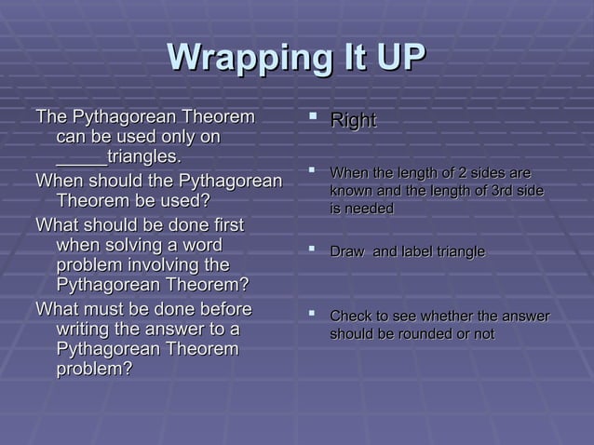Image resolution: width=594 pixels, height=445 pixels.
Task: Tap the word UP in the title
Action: pyautogui.click(x=394, y=60)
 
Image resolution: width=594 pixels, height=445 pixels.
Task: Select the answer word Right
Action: pyautogui.click(x=354, y=121)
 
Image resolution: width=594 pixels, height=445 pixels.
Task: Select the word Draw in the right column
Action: pyautogui.click(x=347, y=252)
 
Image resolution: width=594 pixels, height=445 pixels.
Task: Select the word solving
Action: pyautogui.click(x=137, y=246)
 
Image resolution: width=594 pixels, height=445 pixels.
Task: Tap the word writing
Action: pyautogui.click(x=87, y=329)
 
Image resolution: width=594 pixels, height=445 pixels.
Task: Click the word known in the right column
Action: pyautogui.click(x=352, y=192)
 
